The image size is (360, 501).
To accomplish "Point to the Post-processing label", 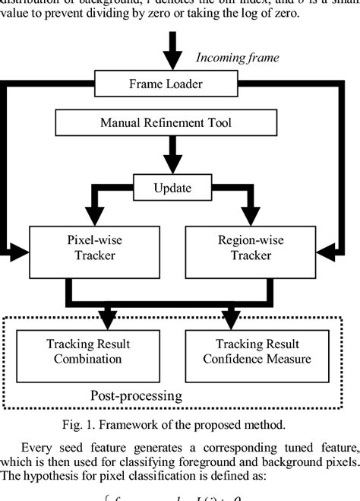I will tap(136, 395).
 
